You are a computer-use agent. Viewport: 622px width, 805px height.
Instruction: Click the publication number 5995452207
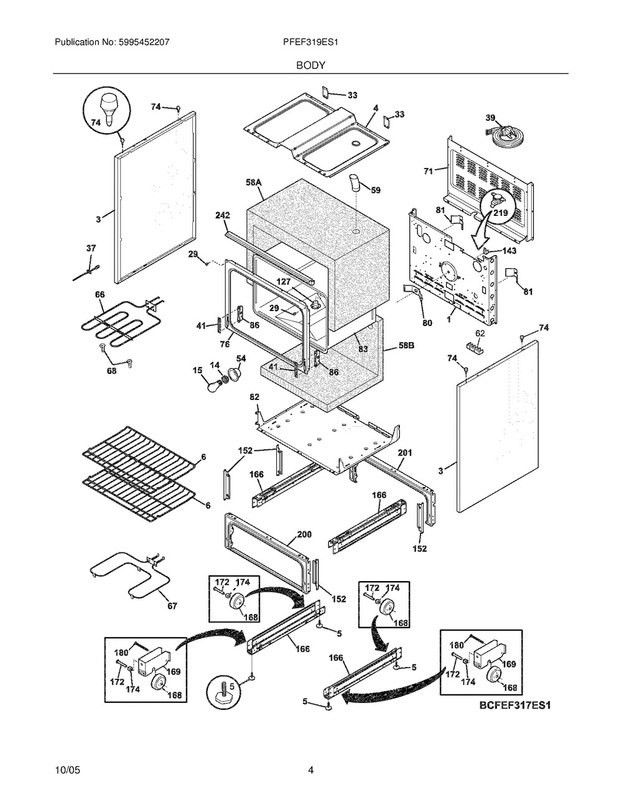point(144,42)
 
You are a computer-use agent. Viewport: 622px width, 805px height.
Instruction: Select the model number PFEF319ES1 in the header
point(310,42)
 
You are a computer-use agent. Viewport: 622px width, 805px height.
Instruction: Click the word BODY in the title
point(310,65)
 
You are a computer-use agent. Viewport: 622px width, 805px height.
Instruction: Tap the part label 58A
point(254,182)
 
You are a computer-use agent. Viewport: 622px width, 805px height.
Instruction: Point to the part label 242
point(223,215)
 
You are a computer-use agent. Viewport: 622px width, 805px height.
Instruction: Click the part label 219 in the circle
point(499,213)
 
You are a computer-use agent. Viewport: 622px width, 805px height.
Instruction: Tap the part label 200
point(304,534)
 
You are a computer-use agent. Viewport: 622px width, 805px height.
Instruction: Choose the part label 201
point(405,452)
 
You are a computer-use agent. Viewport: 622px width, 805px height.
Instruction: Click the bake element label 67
point(172,606)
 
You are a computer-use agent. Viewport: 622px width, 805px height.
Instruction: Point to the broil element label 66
point(100,294)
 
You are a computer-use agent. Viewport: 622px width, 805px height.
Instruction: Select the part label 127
point(284,282)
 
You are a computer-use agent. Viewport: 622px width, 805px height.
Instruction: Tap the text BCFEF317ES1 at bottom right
point(515,705)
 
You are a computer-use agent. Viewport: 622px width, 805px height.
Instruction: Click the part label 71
point(429,171)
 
